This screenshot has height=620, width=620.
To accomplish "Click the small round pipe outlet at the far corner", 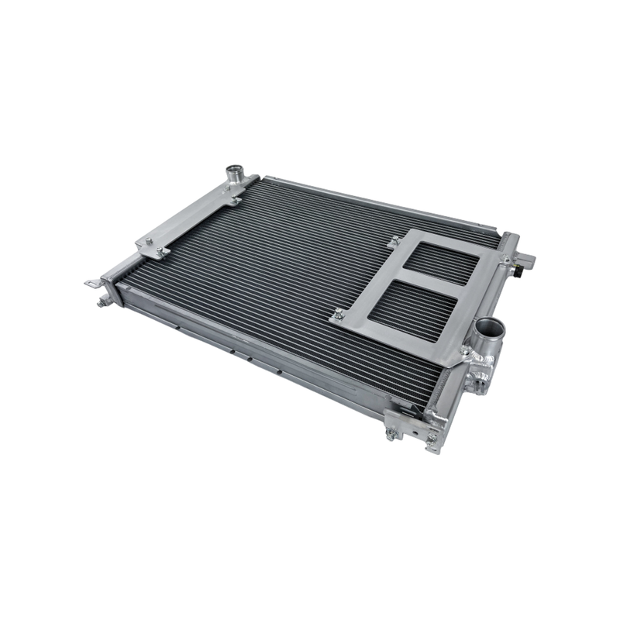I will pyautogui.click(x=233, y=171).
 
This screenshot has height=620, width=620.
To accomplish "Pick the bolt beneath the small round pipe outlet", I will pyautogui.click(x=233, y=201).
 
